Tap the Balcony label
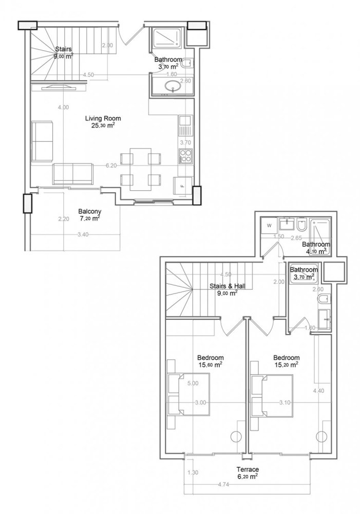(89, 211)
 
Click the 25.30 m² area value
(100, 125)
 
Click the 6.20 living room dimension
(111, 166)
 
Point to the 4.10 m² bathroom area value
(315, 252)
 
